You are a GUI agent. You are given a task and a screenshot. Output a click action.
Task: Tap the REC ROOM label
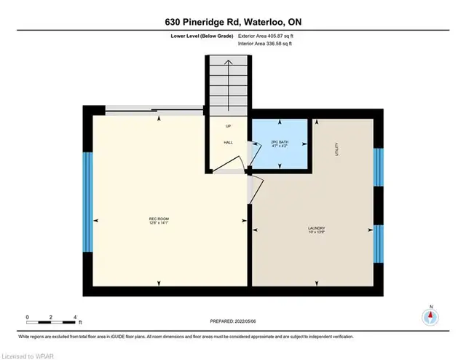pyautogui.click(x=159, y=218)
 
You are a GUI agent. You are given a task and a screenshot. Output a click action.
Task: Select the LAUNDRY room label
pyautogui.click(x=315, y=227)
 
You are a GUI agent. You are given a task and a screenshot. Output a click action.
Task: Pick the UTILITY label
pyautogui.click(x=337, y=149)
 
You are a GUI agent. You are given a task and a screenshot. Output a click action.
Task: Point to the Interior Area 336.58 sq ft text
pyautogui.click(x=266, y=44)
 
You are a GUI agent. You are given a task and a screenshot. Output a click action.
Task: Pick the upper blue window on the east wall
pyautogui.click(x=378, y=168)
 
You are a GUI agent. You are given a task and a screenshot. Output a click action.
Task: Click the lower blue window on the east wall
pyautogui.click(x=378, y=243)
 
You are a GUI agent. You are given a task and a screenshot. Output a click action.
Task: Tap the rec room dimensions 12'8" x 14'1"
pyautogui.click(x=159, y=223)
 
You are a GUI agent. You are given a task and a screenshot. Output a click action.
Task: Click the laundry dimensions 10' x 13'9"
pyautogui.click(x=315, y=232)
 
